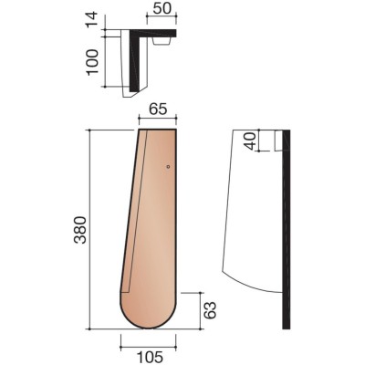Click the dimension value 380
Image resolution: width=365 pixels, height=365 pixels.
(x=80, y=230)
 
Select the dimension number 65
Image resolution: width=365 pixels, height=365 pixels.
(x=159, y=109)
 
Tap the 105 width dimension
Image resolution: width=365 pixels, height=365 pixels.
(x=150, y=357)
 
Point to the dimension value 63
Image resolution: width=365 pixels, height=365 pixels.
(x=210, y=310)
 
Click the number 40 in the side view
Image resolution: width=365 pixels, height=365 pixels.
(x=251, y=141)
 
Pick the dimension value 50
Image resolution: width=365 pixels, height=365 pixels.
(x=162, y=9)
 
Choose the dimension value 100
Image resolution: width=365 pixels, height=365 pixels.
(x=92, y=62)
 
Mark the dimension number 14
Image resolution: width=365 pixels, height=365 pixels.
(x=91, y=19)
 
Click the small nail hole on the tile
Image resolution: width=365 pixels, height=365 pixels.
(x=168, y=166)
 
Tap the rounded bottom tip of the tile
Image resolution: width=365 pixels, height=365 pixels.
(x=148, y=328)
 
